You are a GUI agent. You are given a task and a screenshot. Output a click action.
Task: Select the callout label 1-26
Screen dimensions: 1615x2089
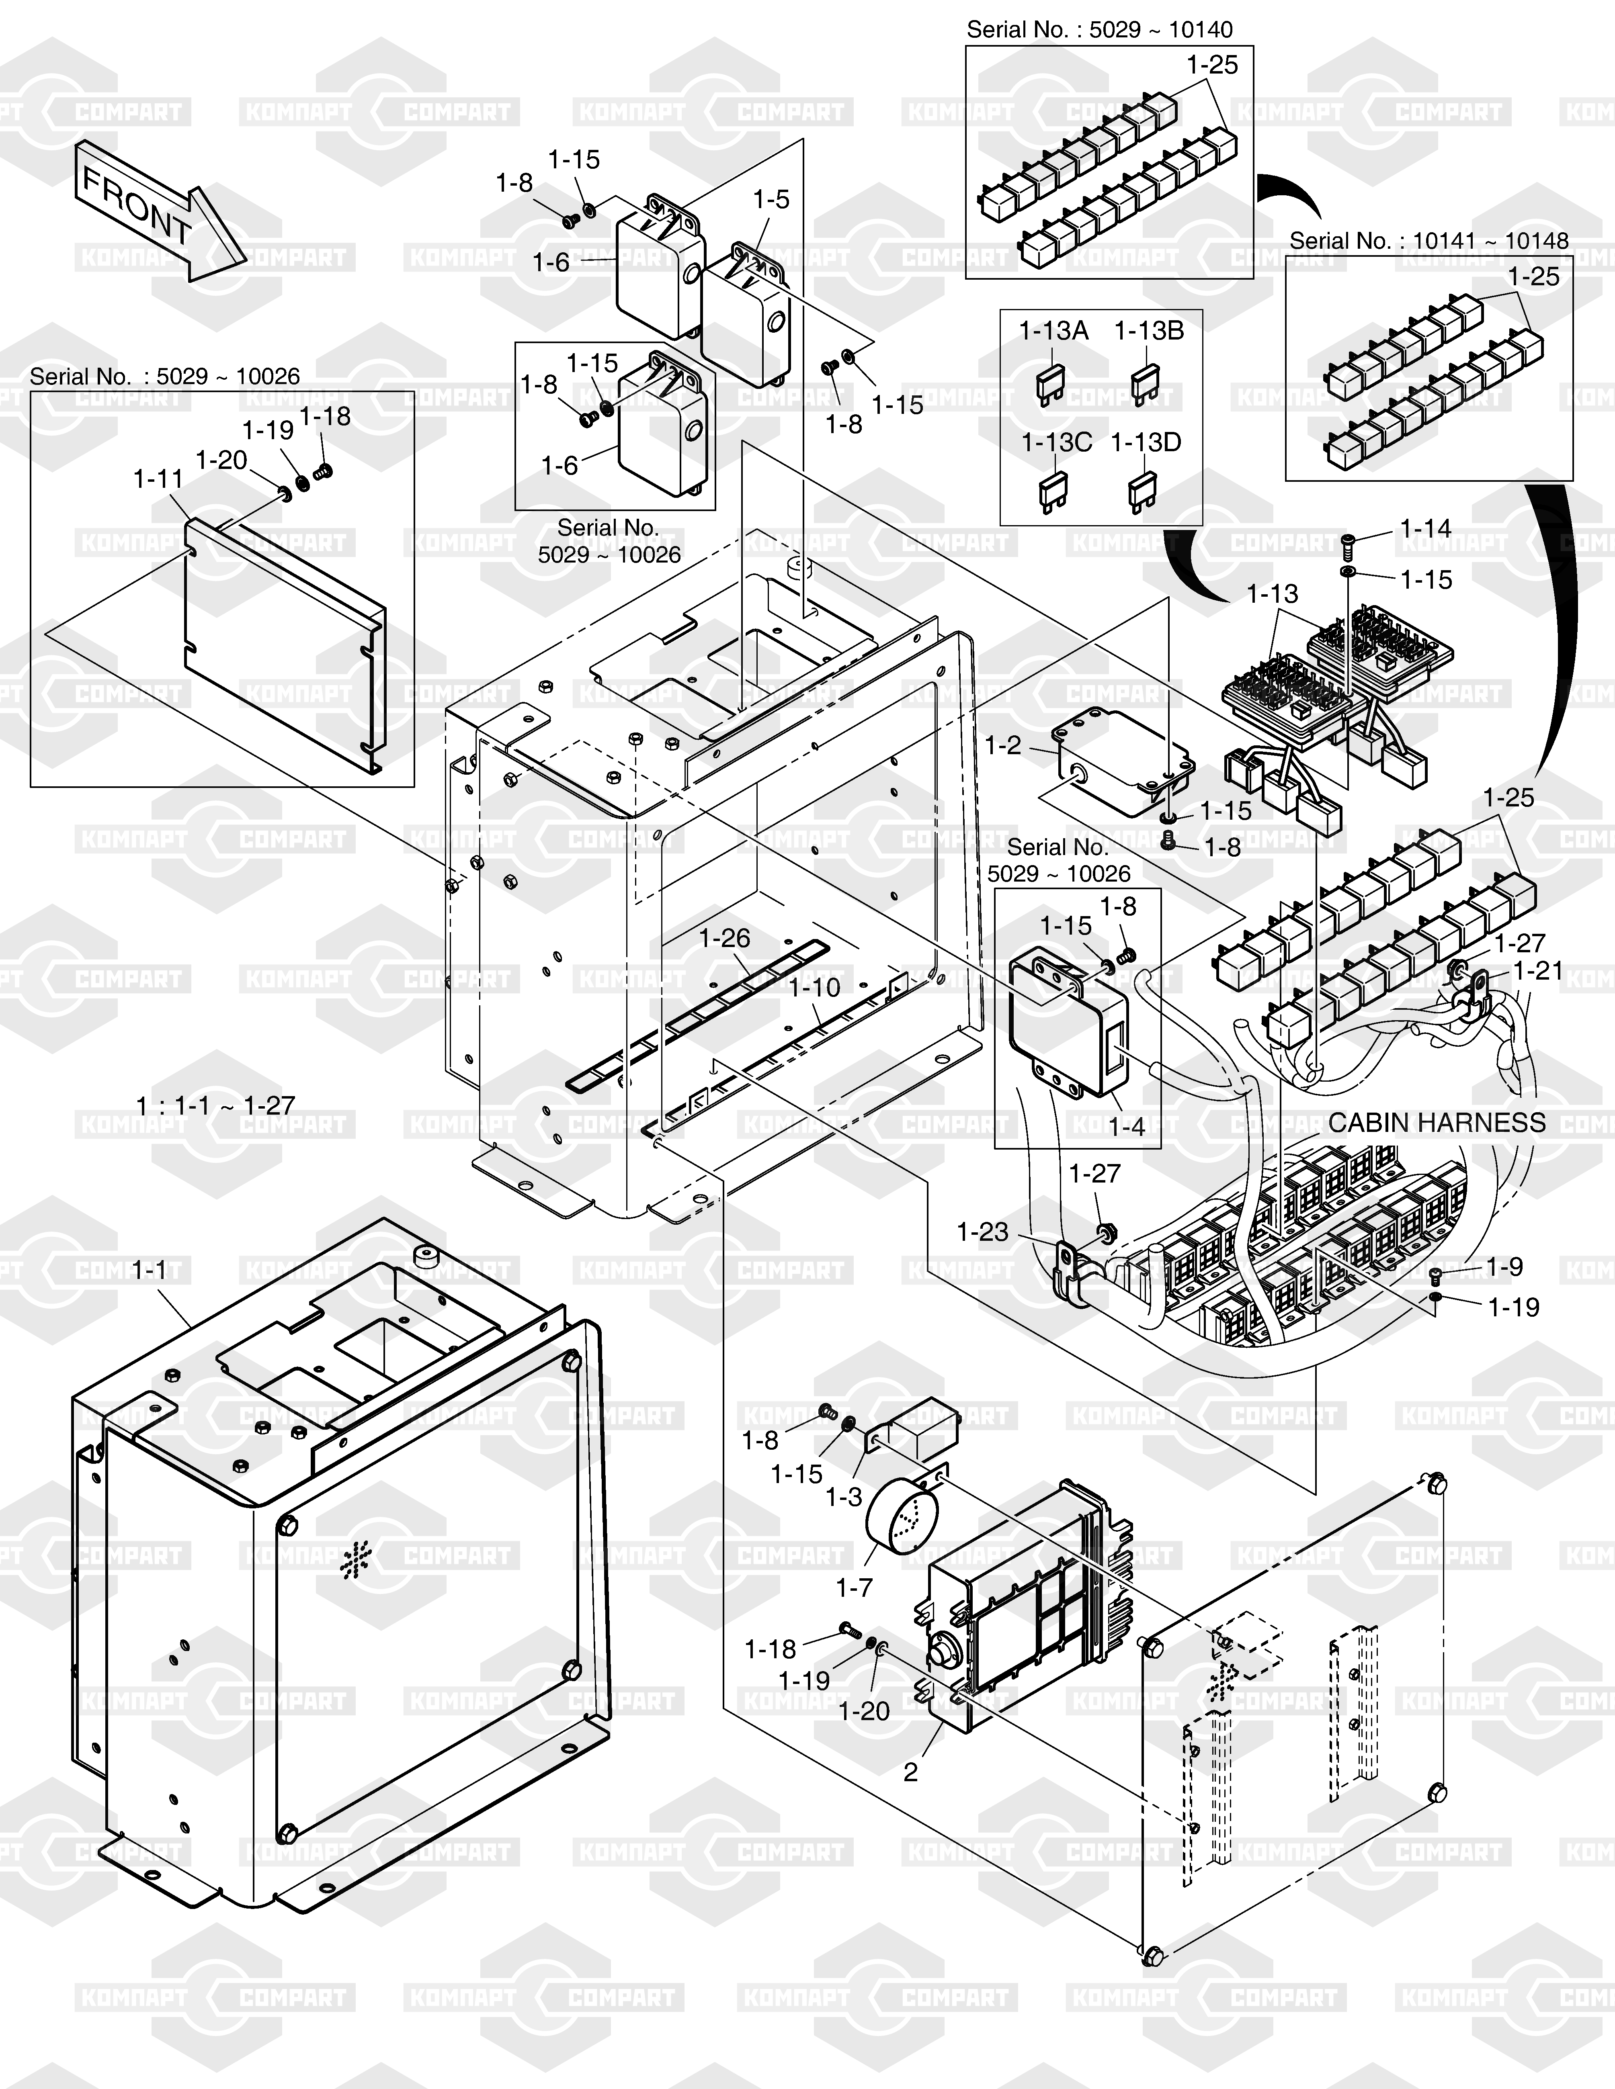coord(724,938)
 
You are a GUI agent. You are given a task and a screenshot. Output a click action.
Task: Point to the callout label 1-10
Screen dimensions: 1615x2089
coord(814,987)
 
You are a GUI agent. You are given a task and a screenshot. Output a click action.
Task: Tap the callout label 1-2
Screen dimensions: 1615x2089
coord(1003,745)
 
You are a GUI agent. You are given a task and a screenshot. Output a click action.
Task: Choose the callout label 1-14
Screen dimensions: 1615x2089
coord(1426,528)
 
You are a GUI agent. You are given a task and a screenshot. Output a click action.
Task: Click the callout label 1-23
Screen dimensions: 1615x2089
coord(983,1232)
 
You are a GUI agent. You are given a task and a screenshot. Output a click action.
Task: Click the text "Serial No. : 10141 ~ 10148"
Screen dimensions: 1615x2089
coord(1429,241)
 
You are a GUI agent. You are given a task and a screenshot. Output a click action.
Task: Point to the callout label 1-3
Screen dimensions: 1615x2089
coord(844,1497)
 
